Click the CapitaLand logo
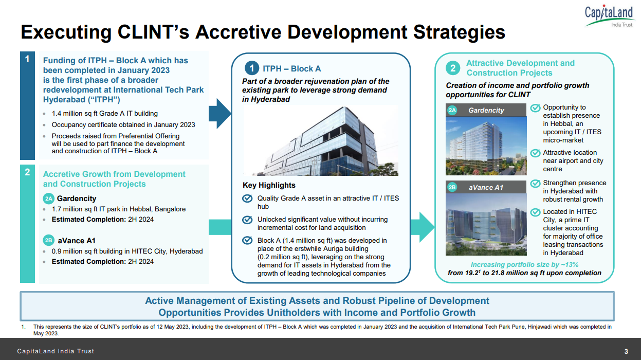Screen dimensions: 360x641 point(609,16)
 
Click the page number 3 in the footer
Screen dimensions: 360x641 point(626,352)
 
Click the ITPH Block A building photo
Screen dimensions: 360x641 point(320,140)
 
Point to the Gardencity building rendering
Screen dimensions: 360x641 point(486,146)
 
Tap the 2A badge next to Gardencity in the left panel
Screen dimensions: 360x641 point(48,199)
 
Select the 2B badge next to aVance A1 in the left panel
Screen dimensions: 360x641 point(48,241)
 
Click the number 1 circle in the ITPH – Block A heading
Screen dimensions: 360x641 point(251,68)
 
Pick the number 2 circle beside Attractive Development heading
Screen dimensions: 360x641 point(453,68)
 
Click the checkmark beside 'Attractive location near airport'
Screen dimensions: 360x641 point(535,153)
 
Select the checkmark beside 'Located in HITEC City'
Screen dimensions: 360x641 point(535,212)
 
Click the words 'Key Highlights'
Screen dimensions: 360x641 point(269,185)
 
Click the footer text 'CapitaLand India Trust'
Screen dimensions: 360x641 point(56,352)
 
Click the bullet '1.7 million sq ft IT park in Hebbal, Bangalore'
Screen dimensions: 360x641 point(119,209)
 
